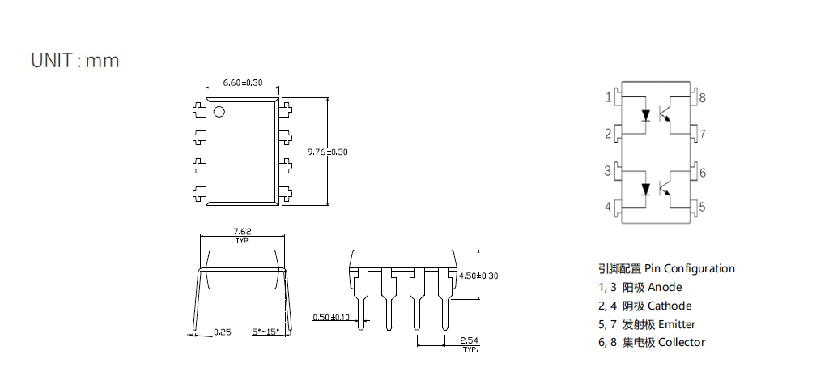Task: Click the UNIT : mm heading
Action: point(75,60)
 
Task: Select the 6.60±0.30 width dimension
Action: point(243,83)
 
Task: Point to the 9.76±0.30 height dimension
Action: point(328,152)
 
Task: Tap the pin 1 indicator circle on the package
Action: point(219,112)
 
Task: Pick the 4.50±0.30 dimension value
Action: point(478,276)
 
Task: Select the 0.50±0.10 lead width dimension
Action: point(331,317)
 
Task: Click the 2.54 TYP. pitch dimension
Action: point(470,344)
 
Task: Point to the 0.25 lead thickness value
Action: point(222,332)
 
